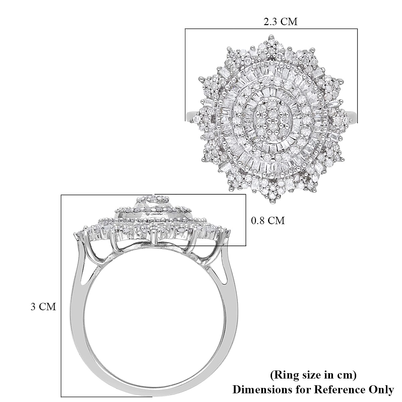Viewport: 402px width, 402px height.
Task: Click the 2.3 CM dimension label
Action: (x=280, y=22)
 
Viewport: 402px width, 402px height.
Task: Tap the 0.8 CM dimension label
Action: (x=268, y=220)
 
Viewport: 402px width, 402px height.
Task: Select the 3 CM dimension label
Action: (x=43, y=307)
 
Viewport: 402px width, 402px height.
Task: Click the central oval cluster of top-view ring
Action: (x=271, y=120)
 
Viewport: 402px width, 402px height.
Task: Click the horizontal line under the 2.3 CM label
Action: (x=271, y=29)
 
